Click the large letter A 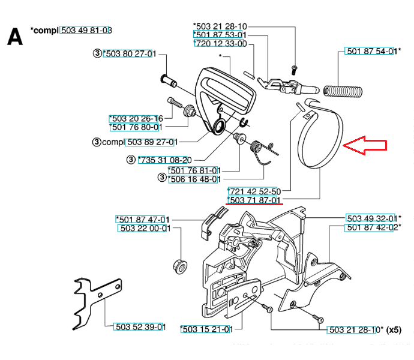(15, 37)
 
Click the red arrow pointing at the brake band (365, 145)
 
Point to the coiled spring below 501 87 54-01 (343, 91)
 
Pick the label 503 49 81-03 (86, 30)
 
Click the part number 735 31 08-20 (165, 160)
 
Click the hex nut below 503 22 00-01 (180, 266)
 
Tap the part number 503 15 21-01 (207, 329)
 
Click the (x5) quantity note (394, 329)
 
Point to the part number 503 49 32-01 (372, 218)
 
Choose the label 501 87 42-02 (372, 227)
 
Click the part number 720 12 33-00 (220, 43)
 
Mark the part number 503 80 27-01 (130, 53)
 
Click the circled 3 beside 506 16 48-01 (162, 177)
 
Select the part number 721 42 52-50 (254, 191)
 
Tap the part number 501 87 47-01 (143, 219)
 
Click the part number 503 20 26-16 (136, 118)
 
